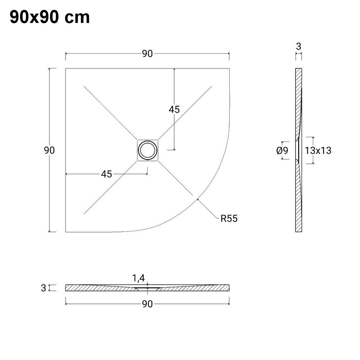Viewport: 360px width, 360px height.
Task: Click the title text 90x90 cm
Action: pos(50,17)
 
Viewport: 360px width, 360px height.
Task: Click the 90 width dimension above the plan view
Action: pos(147,54)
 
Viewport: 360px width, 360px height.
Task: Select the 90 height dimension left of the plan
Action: pos(49,150)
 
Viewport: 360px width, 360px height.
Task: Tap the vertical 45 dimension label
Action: pos(174,109)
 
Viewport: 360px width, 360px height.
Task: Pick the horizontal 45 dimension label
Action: pos(106,174)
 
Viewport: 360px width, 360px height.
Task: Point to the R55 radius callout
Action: pos(229,218)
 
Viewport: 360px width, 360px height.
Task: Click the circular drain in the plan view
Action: pos(147,150)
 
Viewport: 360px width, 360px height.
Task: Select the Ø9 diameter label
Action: pos(283,150)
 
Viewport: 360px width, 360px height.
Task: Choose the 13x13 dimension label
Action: pos(318,150)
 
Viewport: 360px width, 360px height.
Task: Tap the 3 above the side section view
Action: pos(298,46)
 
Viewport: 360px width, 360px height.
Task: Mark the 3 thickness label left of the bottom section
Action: pos(44,288)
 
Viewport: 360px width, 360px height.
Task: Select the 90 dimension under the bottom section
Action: pos(147,304)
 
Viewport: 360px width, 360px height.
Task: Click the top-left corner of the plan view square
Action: pos(66,68)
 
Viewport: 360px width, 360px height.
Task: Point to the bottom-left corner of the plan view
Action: pos(66,232)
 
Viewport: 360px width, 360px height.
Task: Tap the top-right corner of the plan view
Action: pos(229,68)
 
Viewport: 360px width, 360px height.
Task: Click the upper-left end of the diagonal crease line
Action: pos(84,86)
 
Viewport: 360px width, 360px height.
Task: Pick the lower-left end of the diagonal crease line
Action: pos(84,214)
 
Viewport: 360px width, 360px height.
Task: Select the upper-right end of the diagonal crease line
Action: pos(212,86)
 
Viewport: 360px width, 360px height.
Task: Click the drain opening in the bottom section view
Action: pos(147,288)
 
